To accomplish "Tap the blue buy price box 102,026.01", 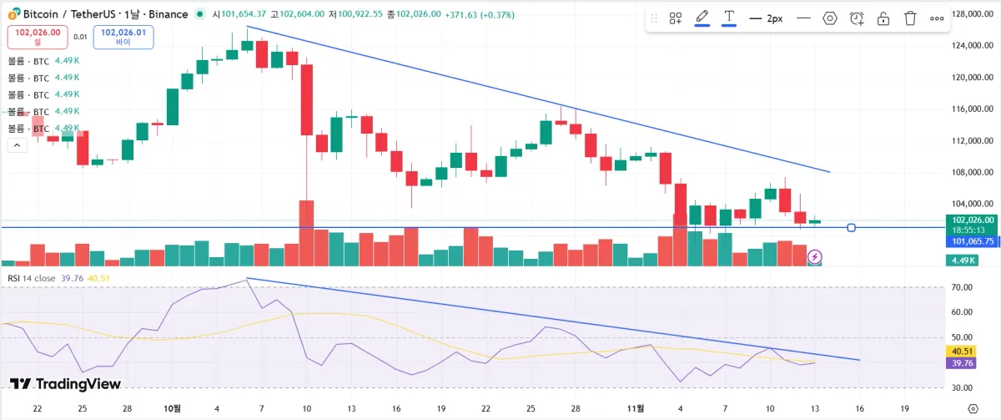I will (123, 36).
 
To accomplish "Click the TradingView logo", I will (65, 384).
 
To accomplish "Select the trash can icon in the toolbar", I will (910, 18).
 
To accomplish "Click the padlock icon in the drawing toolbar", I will (883, 18).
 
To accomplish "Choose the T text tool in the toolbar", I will (729, 18).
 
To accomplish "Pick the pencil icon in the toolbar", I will (702, 18).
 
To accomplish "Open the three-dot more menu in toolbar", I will (937, 18).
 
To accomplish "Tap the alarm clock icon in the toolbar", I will (857, 18).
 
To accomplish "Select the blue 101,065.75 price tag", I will (973, 241).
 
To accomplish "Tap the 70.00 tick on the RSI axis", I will (962, 287).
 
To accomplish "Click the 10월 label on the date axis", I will (173, 408).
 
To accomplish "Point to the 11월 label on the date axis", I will (636, 408).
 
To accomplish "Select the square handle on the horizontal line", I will (852, 227).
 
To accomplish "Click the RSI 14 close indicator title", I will (32, 278).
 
